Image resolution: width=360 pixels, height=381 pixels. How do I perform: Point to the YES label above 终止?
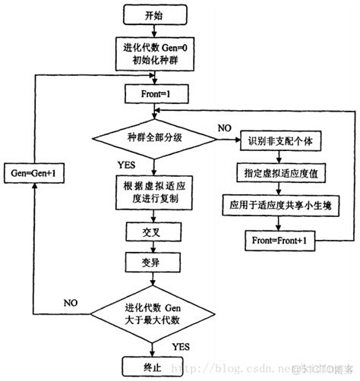pos(181,345)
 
